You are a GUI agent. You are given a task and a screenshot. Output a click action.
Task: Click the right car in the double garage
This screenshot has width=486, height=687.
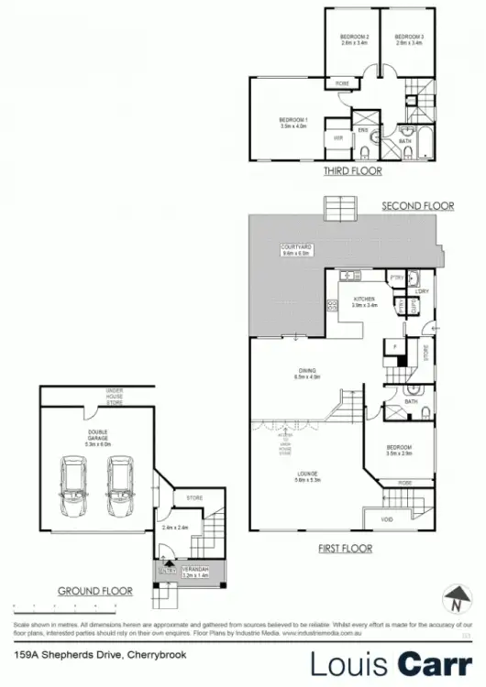[x=119, y=485]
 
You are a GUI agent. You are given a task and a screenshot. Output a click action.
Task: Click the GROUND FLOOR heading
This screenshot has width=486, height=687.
[x=95, y=591]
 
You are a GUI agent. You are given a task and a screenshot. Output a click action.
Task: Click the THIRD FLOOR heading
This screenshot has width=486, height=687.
[x=352, y=170]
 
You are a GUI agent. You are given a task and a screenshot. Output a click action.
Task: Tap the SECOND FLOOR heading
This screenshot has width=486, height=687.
[x=417, y=206]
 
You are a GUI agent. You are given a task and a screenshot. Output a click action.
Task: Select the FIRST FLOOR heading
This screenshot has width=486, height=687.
[x=344, y=549]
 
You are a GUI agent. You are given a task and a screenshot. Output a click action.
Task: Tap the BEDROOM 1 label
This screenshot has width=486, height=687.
[x=293, y=122]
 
